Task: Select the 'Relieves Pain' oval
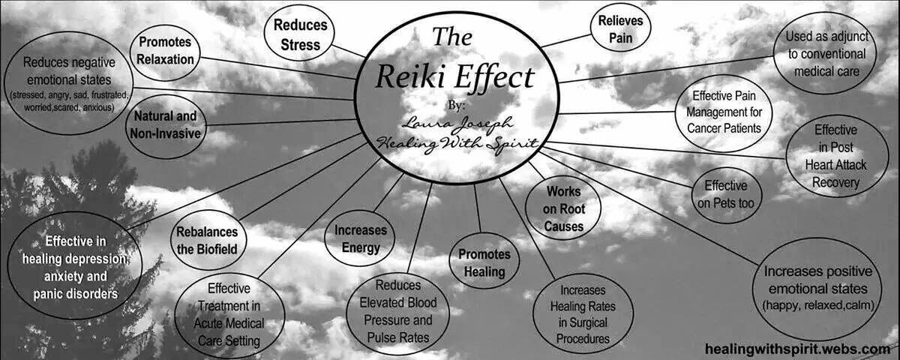[x=620, y=28]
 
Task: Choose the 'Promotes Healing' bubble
[x=484, y=263]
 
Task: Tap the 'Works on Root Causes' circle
[x=564, y=208]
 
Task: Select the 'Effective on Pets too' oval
[x=725, y=194]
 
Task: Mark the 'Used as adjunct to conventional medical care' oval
[x=825, y=54]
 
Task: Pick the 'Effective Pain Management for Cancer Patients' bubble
[x=727, y=112]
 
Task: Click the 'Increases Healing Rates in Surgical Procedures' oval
[x=583, y=313]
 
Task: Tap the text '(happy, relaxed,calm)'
[x=815, y=305]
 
